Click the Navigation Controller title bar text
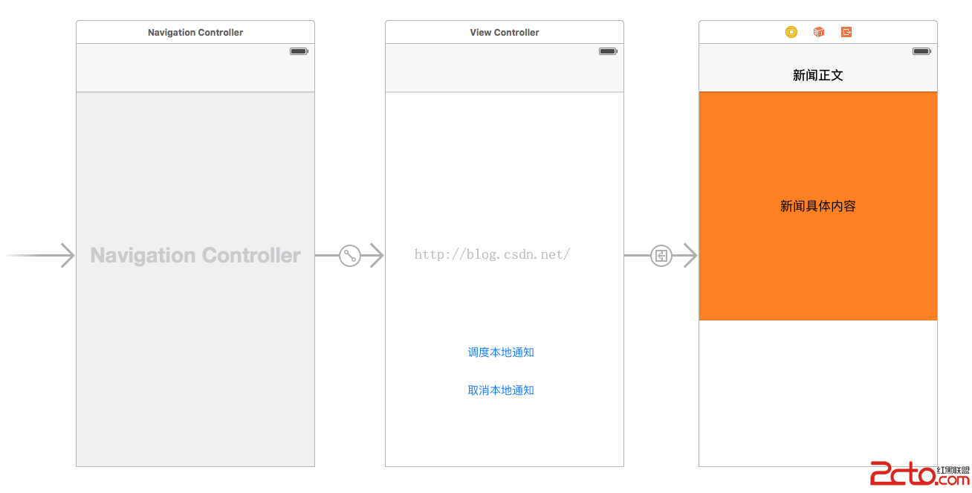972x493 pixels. (x=195, y=33)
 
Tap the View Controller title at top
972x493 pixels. (x=505, y=33)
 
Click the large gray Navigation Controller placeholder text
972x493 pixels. (x=195, y=255)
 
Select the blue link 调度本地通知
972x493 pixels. (x=501, y=352)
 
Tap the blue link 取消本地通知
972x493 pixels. (x=501, y=390)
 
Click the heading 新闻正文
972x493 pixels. (x=818, y=75)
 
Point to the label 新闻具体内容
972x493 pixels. (x=818, y=206)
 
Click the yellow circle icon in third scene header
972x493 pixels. (x=791, y=32)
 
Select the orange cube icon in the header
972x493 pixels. (x=819, y=32)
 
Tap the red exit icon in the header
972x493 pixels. (x=846, y=32)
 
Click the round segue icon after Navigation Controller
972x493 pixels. (x=350, y=255)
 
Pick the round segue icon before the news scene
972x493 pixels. (x=661, y=255)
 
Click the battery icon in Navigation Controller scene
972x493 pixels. (x=299, y=51)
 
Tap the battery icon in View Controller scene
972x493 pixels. (x=609, y=51)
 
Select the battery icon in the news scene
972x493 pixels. (x=921, y=51)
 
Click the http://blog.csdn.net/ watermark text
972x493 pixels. (x=493, y=254)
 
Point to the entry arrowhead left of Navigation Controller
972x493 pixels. (x=68, y=255)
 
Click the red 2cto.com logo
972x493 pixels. (x=919, y=474)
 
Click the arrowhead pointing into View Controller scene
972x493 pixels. (x=378, y=255)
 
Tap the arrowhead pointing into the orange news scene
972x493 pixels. (x=691, y=255)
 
